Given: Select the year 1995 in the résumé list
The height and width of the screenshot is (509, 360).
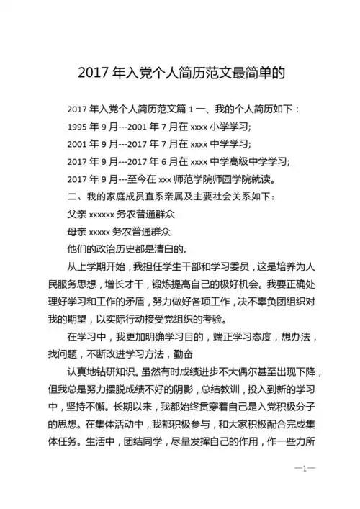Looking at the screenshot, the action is pyautogui.click(x=76, y=126).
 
